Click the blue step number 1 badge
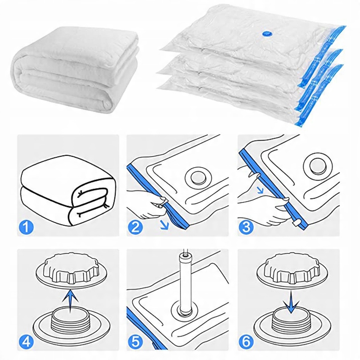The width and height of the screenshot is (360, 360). click(x=26, y=227)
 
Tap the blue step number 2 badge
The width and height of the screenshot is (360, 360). click(x=135, y=227)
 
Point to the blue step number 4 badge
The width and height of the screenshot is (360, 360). click(x=26, y=342)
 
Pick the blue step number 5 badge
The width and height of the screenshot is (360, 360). click(x=135, y=342)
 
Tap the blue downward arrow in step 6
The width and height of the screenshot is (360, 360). click(x=291, y=302)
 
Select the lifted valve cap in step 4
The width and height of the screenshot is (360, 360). click(x=71, y=269)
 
